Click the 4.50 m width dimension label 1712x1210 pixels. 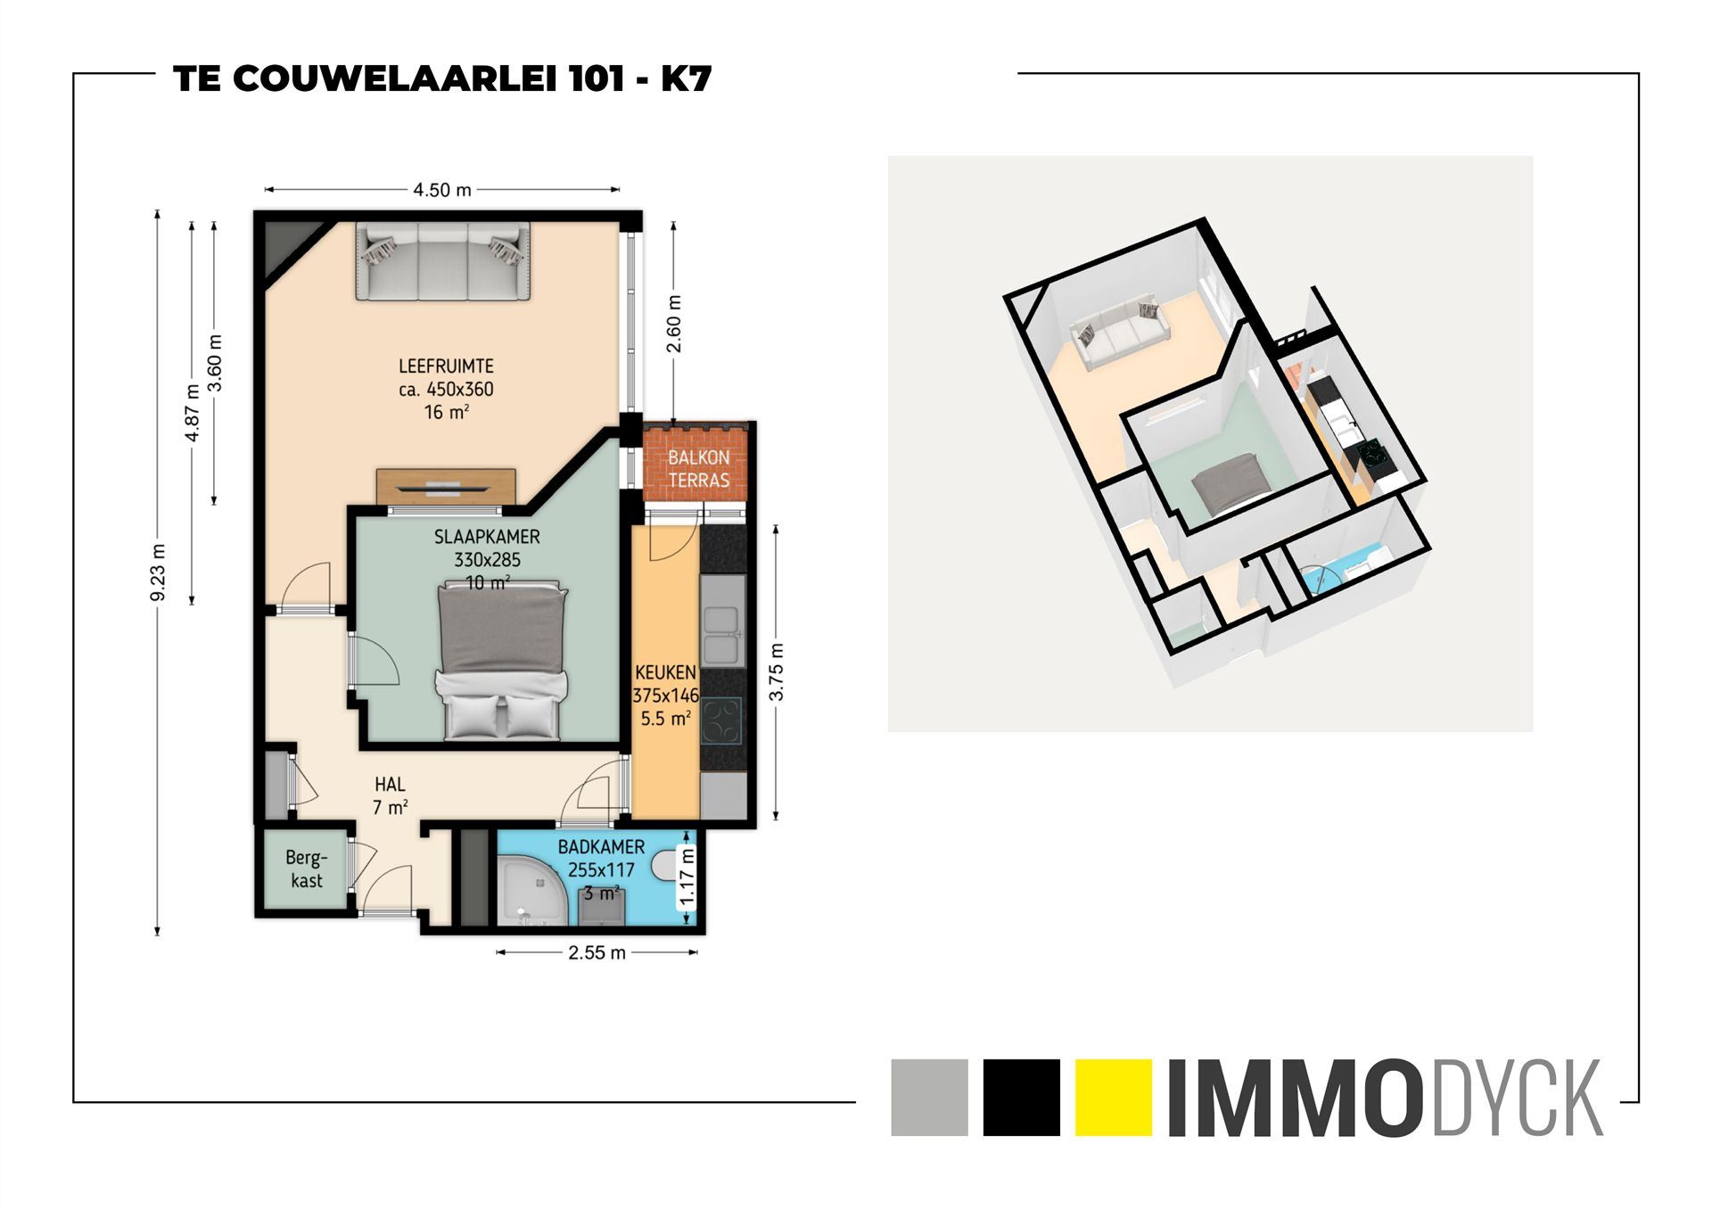(441, 190)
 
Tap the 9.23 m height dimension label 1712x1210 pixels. (159, 572)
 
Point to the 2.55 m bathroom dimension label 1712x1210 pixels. (597, 952)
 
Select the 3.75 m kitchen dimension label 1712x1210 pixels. (777, 671)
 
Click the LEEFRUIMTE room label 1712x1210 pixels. (446, 366)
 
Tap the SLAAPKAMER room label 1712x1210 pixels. (487, 537)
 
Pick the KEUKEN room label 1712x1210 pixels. (665, 672)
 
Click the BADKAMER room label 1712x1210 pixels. (601, 847)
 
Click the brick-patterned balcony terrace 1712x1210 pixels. (698, 468)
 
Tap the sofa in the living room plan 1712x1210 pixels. (443, 261)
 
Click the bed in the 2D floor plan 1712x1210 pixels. (502, 662)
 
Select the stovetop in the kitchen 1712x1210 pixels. (721, 720)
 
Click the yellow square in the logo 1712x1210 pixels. (1113, 1097)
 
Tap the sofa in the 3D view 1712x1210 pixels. (1121, 333)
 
